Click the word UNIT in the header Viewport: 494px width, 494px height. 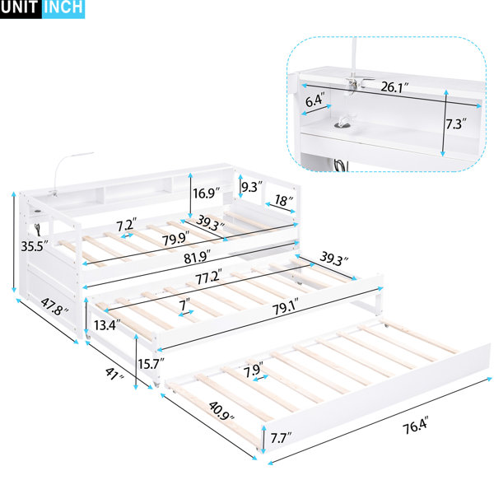point(19,7)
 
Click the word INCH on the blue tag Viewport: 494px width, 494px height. point(63,7)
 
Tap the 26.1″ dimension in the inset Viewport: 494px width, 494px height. point(394,87)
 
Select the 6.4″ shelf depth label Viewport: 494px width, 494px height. point(315,100)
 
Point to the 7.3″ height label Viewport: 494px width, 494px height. point(455,124)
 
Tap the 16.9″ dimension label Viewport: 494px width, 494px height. point(207,193)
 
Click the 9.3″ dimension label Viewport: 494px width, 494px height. point(252,187)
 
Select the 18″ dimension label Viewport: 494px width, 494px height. point(283,200)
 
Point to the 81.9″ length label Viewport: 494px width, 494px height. point(198,257)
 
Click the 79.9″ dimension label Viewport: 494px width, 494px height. point(176,238)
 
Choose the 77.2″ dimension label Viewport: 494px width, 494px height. point(208,277)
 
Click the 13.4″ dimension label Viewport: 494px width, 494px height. point(107,325)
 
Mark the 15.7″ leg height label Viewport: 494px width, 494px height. point(151,364)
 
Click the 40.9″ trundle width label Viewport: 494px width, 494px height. point(221,411)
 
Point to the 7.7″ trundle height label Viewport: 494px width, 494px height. point(281,438)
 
